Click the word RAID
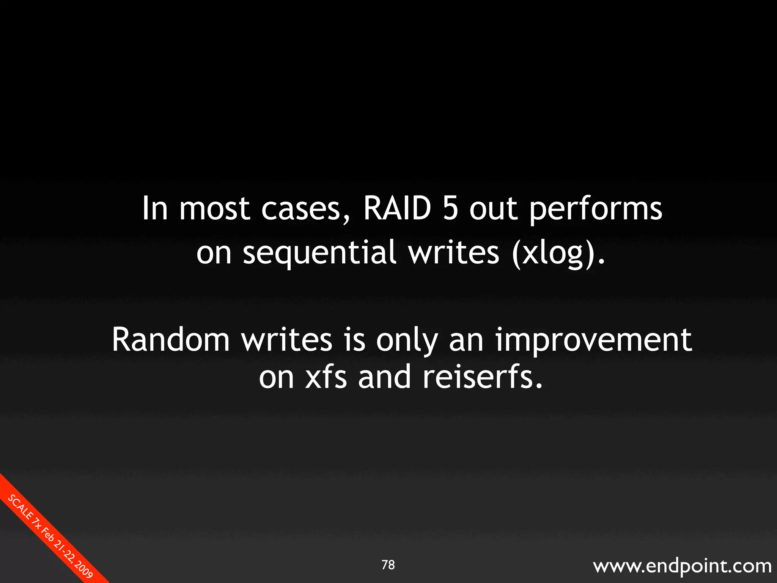click(397, 208)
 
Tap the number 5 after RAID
click(450, 208)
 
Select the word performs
click(595, 210)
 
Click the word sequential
click(319, 254)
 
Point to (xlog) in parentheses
click(558, 254)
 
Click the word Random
click(171, 339)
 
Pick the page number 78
click(388, 565)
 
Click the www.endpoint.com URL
click(682, 566)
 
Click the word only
click(407, 340)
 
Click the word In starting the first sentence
click(155, 208)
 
